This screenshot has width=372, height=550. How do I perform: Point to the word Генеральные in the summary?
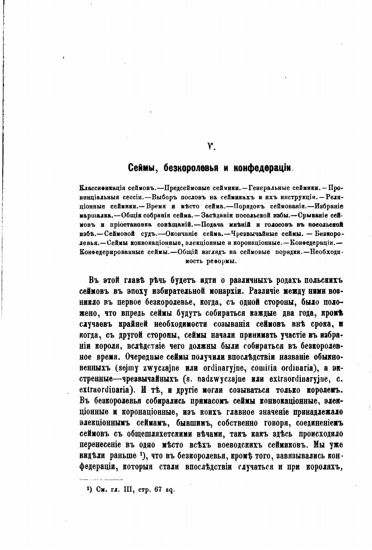[268, 188]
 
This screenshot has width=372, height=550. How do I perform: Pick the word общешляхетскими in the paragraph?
[164, 434]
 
